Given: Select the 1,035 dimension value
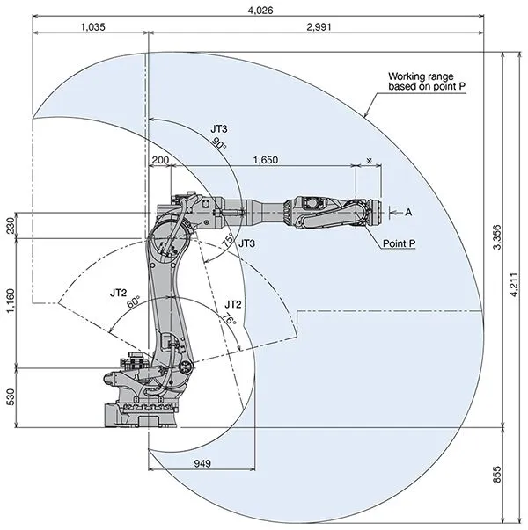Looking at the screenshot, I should [92, 27].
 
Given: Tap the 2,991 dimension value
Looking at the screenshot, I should [319, 27].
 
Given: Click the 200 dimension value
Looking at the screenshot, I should [159, 160].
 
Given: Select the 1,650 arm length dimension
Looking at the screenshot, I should [265, 160].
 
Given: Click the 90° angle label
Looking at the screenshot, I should [219, 146].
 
